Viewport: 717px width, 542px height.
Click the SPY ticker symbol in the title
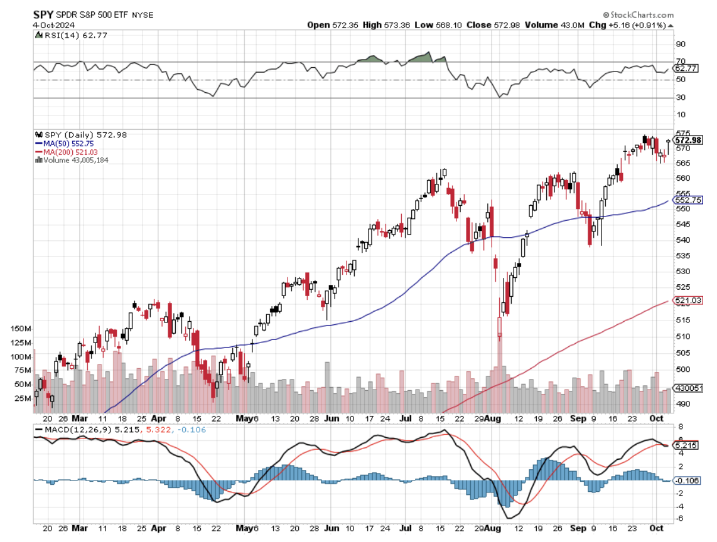[x=43, y=14]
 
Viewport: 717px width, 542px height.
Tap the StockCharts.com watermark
[x=641, y=15]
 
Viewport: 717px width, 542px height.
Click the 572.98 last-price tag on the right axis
[x=688, y=139]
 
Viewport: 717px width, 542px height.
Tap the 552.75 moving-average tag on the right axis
[x=688, y=200]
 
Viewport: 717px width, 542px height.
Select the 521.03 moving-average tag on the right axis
[x=688, y=301]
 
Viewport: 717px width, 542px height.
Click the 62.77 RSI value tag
[x=686, y=68]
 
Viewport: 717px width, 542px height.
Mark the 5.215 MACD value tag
[x=686, y=445]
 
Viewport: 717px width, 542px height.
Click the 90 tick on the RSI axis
[x=680, y=45]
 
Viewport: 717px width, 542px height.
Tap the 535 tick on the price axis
[x=681, y=256]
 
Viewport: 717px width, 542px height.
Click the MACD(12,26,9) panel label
[x=74, y=430]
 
